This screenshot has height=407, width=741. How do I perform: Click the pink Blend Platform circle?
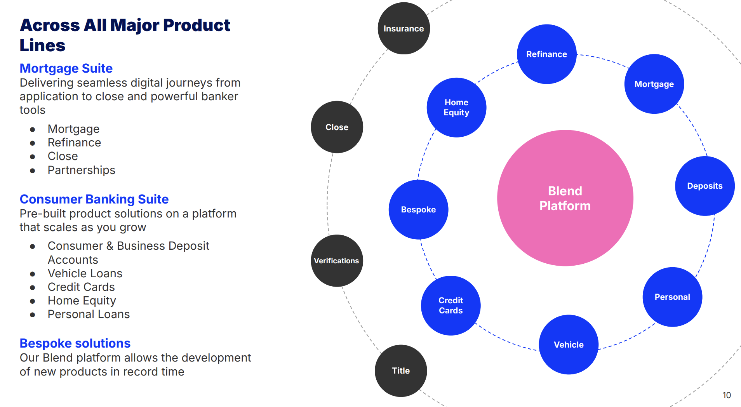565,198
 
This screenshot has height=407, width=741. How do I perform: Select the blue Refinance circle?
546,54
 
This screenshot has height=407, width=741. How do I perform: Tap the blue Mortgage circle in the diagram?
654,84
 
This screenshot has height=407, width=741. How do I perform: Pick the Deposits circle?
704,186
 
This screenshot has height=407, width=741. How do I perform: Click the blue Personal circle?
672,297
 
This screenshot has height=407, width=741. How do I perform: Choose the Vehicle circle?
569,344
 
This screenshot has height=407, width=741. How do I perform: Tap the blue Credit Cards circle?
451,305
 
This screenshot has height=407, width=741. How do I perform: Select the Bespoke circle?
418,210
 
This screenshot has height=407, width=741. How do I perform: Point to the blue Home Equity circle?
456,108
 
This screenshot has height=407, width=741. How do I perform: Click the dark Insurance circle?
404,29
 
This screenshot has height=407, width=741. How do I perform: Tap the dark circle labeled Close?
337,127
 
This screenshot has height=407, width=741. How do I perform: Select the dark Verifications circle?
337,261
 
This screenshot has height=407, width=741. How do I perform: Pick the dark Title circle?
401,371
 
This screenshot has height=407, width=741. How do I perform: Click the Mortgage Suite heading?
66,68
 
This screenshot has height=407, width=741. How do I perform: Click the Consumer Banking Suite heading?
94,199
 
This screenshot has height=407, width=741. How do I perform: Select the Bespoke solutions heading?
75,343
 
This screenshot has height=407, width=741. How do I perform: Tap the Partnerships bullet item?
81,170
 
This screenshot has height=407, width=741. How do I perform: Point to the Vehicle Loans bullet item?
85,273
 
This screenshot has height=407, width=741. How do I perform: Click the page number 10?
726,395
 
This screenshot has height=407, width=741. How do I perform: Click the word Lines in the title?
42,45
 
